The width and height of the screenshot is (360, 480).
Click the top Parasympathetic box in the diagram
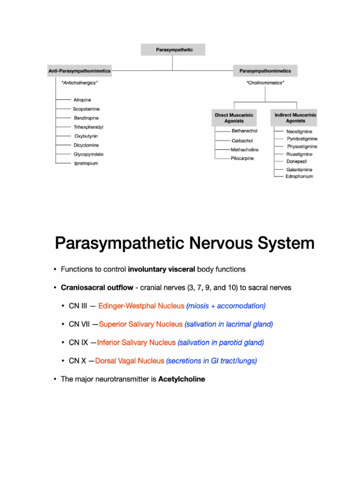point(173,49)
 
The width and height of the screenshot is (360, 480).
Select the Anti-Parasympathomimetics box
point(79,71)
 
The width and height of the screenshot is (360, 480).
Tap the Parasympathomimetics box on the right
point(265,71)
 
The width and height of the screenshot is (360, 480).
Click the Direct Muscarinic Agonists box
point(234,118)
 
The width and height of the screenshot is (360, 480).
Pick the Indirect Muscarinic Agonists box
point(295,118)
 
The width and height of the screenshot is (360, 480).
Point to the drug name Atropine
point(82,100)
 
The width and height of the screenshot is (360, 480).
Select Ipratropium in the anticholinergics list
point(86,164)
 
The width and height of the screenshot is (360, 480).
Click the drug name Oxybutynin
point(86,136)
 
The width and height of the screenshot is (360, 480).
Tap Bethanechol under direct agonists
point(244,131)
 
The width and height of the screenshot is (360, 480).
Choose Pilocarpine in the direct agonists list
point(242,158)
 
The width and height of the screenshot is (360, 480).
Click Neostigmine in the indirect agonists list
point(299,132)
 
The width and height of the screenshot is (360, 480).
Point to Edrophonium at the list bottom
point(299,176)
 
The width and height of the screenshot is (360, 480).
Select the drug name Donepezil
point(297,162)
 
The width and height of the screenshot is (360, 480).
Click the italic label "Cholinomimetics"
point(265,83)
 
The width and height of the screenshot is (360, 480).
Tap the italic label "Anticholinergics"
point(79,83)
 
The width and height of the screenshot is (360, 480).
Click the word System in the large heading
point(283,244)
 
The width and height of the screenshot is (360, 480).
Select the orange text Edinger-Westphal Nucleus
point(141,306)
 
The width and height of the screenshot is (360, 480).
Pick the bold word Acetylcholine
point(181,379)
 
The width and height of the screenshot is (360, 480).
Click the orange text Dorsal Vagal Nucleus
point(129,361)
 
